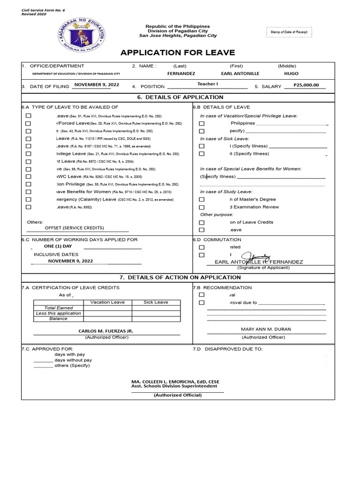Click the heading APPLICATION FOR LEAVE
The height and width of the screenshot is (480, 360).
tap(178, 52)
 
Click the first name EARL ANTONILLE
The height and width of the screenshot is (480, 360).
tap(240, 74)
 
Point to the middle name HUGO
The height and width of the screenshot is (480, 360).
tap(291, 74)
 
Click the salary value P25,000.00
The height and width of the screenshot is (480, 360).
tap(306, 85)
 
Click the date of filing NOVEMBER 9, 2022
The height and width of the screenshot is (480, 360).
tap(97, 85)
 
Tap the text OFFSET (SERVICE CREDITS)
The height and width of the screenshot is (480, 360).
tap(74, 228)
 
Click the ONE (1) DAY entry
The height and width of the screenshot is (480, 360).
tap(58, 246)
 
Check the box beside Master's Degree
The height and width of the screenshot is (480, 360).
tap(202, 200)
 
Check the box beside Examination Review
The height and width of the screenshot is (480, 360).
tap(202, 207)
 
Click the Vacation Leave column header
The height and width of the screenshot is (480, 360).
tap(107, 302)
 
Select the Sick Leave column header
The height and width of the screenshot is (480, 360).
tap(156, 302)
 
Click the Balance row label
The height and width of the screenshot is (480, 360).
tap(59, 319)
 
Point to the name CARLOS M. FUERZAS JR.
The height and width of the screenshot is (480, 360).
tap(106, 331)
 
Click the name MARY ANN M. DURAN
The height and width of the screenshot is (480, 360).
tap(266, 330)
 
